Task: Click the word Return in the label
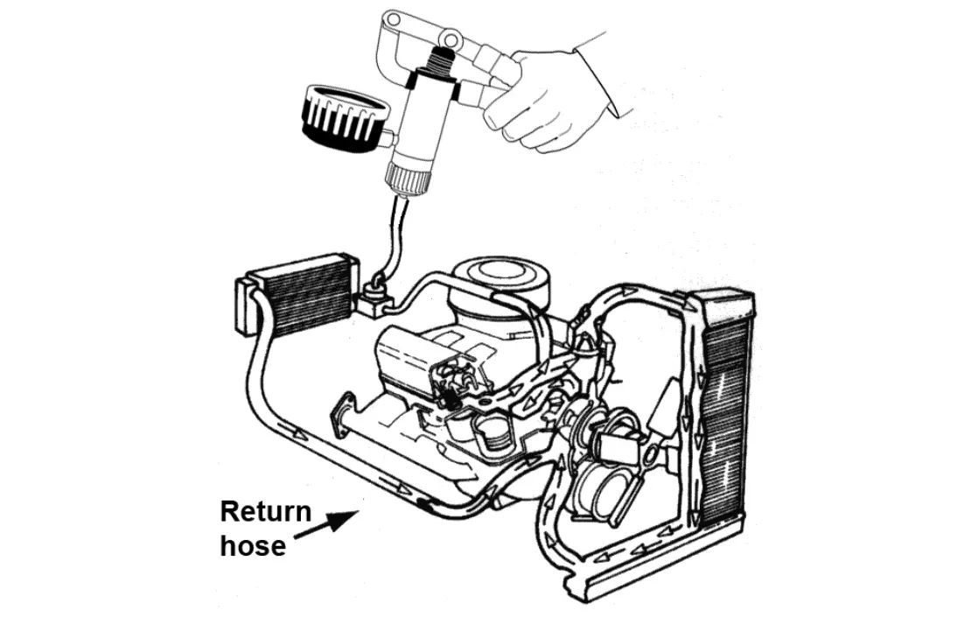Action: pyautogui.click(x=266, y=512)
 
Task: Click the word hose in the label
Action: pyautogui.click(x=254, y=546)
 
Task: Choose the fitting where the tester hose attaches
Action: pyautogui.click(x=375, y=298)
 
